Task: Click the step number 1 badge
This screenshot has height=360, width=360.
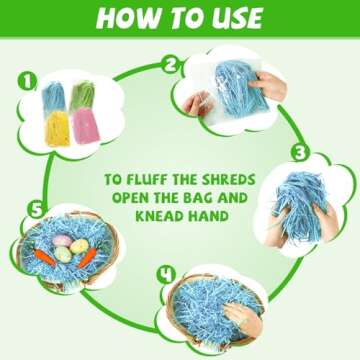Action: click(27, 82)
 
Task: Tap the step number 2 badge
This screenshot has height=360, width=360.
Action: click(170, 64)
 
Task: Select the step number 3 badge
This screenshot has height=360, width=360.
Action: click(300, 153)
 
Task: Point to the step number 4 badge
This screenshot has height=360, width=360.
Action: click(166, 276)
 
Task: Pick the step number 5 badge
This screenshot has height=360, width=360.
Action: click(36, 211)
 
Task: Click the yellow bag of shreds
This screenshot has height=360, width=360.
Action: click(57, 129)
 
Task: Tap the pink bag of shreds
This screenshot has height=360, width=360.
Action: click(86, 125)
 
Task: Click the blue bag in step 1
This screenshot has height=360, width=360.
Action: click(53, 98)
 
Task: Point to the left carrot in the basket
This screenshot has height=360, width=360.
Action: click(45, 258)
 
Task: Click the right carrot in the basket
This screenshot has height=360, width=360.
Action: click(87, 258)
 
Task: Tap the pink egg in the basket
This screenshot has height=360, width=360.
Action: click(61, 240)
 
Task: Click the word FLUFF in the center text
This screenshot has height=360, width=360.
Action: click(150, 180)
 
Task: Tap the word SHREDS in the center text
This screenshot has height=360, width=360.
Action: click(228, 180)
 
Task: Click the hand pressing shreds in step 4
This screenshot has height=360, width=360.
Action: click(243, 318)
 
